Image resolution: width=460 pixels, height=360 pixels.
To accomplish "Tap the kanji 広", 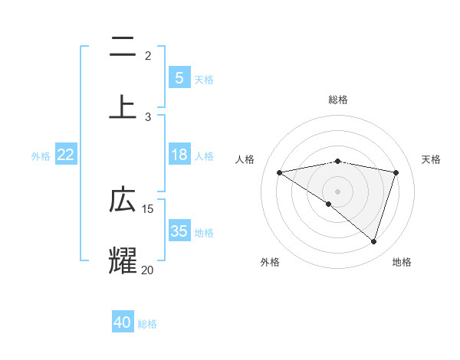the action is pos(123,200).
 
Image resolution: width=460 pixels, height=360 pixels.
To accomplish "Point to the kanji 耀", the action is pos(123,260).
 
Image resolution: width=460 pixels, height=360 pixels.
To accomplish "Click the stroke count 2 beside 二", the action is pos(147,56).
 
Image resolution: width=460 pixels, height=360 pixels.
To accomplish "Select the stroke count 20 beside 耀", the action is pos(148,270).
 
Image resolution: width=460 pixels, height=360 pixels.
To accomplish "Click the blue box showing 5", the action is pos(179,77).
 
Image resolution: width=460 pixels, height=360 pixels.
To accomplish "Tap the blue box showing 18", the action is pos(179,155).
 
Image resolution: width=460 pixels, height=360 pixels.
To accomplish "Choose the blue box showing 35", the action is pos(179,231).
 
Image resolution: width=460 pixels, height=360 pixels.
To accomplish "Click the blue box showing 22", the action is pos(66,155).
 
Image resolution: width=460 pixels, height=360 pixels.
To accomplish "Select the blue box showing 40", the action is pos(123,322).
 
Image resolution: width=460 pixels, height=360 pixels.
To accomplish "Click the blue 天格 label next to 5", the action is pos(204,79).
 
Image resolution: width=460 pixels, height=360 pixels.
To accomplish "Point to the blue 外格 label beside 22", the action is pos(41,156).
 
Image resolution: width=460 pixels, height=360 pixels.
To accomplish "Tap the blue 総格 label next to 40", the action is pos(147,324).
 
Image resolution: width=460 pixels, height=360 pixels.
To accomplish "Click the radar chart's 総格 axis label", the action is pos(337,100).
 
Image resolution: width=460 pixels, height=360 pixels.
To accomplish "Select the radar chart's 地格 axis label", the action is pos(402,262).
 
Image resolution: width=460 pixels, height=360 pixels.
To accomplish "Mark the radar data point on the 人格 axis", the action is pos(280,172).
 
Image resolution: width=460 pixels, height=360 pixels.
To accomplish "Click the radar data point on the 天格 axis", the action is pos(396,172).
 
